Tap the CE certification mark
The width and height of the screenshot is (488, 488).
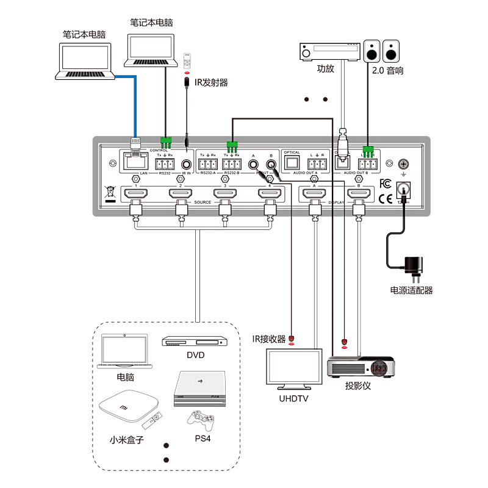click(x=386, y=198)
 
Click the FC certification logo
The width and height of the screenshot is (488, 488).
click(x=386, y=182)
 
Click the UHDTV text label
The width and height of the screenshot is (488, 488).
click(x=294, y=400)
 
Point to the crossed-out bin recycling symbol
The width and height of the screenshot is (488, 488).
click(x=110, y=191)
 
